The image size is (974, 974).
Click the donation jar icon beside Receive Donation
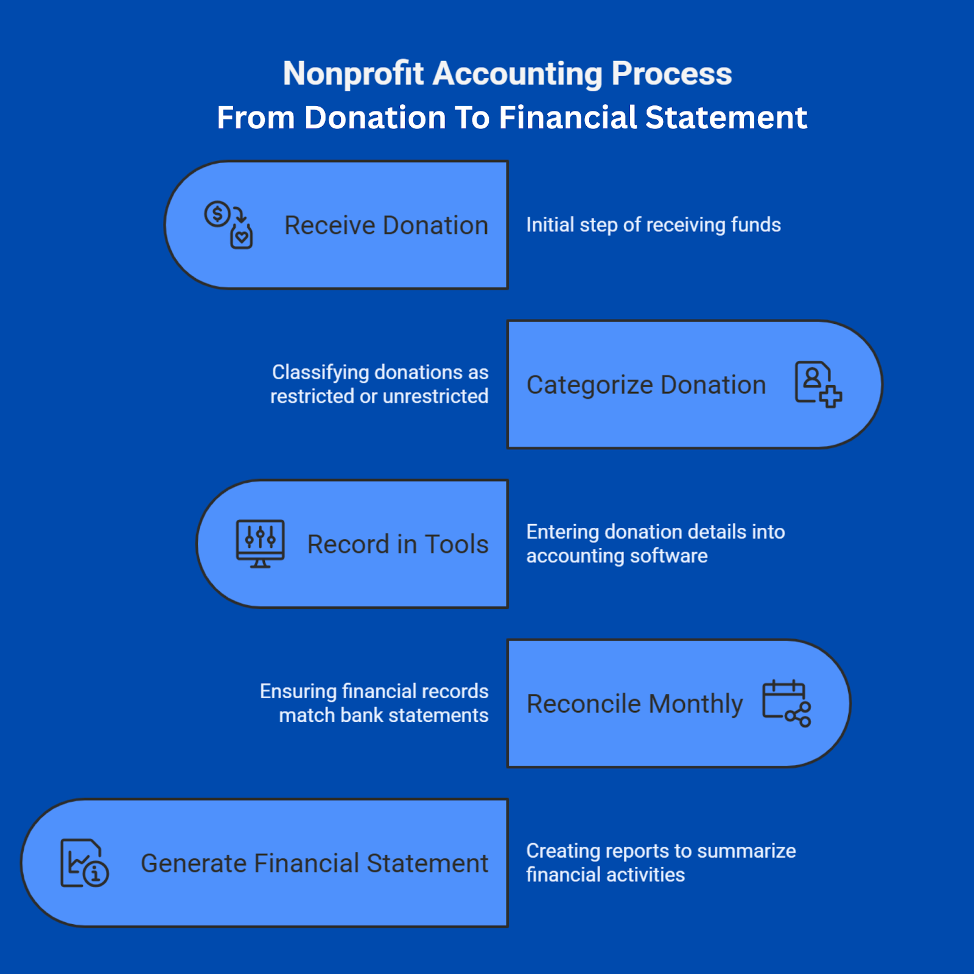228,225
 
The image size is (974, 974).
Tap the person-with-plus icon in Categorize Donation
818,384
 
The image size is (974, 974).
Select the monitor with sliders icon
260,544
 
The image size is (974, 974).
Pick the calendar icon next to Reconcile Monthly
787,703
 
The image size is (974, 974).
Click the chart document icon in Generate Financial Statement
85,863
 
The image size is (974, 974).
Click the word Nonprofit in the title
353,74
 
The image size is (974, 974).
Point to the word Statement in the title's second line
726,117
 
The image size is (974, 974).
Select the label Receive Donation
387,225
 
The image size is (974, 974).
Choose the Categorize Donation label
646,385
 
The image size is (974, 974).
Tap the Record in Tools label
398,544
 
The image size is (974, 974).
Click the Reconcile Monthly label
635,704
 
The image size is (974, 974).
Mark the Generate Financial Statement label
315,863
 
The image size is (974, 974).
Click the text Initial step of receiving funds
653,225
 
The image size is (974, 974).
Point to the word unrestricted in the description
435,396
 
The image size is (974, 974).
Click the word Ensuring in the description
298,692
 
